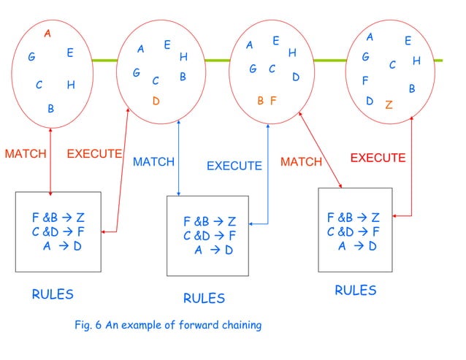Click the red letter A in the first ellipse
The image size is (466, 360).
pyautogui.click(x=47, y=33)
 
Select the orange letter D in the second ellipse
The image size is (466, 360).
pyautogui.click(x=156, y=101)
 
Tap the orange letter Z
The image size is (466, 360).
pyautogui.click(x=389, y=104)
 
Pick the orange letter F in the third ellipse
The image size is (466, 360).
pyautogui.click(x=273, y=101)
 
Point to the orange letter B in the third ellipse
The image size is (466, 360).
pyautogui.click(x=261, y=101)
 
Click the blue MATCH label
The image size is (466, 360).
pyautogui.click(x=153, y=162)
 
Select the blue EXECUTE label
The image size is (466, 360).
pyautogui.click(x=234, y=166)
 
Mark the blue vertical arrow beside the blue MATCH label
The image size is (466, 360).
pyautogui.click(x=179, y=158)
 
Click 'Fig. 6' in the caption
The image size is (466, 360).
pyautogui.click(x=90, y=325)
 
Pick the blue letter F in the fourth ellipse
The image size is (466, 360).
pyautogui.click(x=365, y=80)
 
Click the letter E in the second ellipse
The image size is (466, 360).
pyautogui.click(x=167, y=45)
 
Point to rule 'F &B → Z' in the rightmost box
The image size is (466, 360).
pyautogui.click(x=353, y=217)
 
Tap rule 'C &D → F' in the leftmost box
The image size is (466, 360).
pyautogui.click(x=58, y=231)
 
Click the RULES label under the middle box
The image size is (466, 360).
pyautogui.click(x=204, y=298)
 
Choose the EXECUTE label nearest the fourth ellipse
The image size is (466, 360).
pyautogui.click(x=378, y=158)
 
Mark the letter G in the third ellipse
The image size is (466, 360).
pyautogui.click(x=253, y=69)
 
